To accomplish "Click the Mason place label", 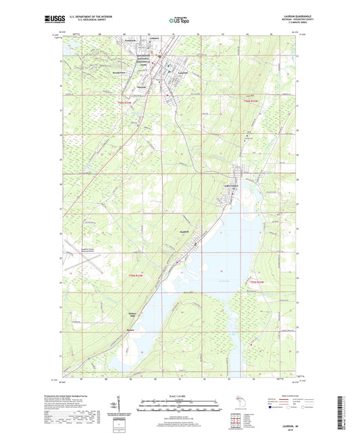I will tap(132, 331).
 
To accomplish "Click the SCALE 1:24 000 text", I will tap(180, 396).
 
